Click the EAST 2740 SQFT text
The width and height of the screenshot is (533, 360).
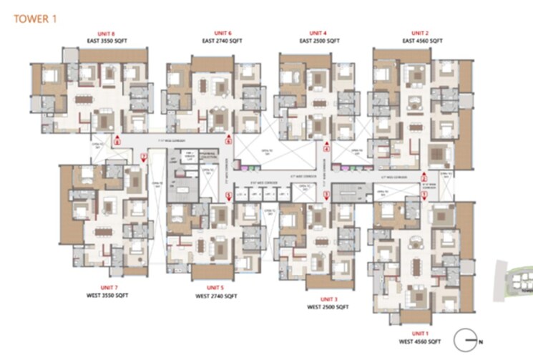tap(222, 42)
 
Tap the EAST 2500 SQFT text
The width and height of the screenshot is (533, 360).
tap(318, 42)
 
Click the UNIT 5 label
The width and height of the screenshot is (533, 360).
tap(212, 286)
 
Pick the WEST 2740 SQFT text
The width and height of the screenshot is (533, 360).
tap(212, 294)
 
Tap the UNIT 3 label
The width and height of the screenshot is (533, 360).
tap(328, 298)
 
